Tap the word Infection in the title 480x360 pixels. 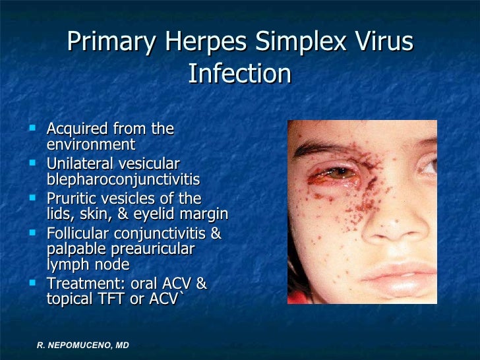(x=239, y=74)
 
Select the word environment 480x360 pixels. (x=91, y=144)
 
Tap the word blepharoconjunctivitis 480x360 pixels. (x=123, y=179)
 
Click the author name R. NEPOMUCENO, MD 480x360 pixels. (x=82, y=344)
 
